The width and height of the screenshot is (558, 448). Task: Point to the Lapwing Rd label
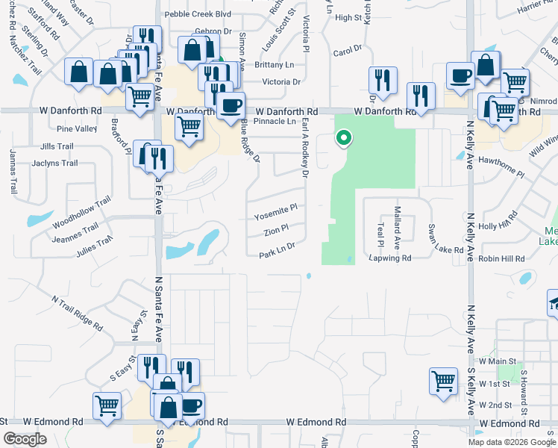coord(389,258)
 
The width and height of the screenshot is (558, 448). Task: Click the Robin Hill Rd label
coord(502,258)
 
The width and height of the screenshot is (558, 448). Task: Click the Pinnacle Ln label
coord(274,121)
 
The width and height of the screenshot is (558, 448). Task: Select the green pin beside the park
coord(343,138)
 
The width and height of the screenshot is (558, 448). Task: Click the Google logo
coord(25,439)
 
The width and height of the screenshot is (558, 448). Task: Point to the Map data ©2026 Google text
coord(512,442)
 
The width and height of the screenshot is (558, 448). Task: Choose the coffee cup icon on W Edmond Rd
coord(192,405)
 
